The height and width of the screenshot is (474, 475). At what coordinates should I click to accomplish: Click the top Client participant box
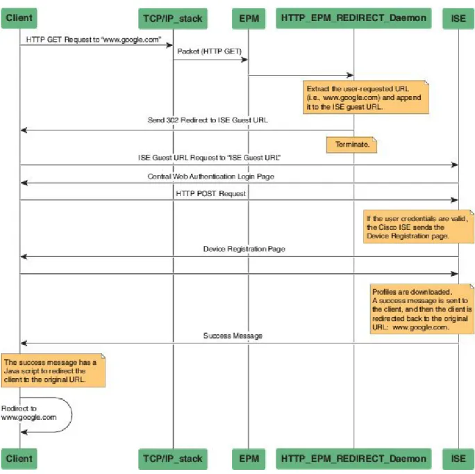coord(19,18)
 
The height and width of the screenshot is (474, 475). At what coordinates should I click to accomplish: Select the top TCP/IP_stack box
coord(173,19)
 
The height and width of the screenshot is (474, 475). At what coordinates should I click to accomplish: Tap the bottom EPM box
coord(249,459)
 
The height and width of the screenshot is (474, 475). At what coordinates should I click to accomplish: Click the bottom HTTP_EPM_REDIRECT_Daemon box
coord(353,459)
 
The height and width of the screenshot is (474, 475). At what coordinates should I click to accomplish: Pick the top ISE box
coord(458,19)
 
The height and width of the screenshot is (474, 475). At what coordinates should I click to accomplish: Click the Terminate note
coord(351,145)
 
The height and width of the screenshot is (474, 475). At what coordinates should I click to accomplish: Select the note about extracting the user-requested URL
coord(366,97)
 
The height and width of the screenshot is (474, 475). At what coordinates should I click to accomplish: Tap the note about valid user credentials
coord(419,227)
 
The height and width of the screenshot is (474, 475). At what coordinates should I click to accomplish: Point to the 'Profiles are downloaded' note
coord(422,309)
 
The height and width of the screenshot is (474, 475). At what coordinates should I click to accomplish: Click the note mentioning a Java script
coord(53,370)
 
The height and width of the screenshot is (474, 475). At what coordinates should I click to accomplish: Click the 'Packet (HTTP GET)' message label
coord(209,51)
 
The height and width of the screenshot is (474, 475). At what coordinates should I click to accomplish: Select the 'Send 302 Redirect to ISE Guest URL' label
coord(208,120)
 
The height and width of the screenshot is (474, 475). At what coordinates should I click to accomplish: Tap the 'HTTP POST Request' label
coord(211,193)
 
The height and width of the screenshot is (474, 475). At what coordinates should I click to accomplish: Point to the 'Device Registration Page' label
coord(244,249)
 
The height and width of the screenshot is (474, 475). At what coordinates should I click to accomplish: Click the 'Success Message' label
coord(233,336)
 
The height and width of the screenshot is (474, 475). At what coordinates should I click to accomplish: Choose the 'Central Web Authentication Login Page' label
coord(211,177)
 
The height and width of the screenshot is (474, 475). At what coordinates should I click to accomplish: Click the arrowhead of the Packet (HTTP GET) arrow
coord(244,60)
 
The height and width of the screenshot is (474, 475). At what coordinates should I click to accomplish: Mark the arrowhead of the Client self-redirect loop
coord(24,432)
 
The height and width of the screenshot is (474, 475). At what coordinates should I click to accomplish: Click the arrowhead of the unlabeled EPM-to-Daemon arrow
coord(350,75)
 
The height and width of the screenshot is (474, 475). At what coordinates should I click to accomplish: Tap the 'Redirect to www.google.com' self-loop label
coord(28,413)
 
